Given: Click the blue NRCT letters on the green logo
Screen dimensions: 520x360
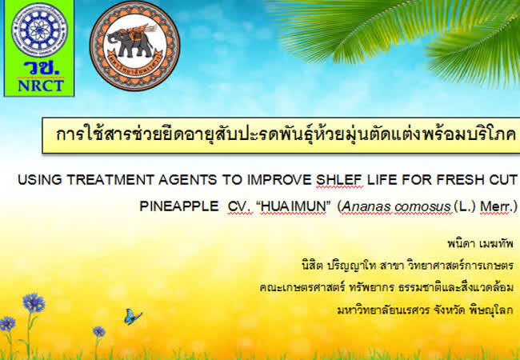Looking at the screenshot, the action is point(41,86).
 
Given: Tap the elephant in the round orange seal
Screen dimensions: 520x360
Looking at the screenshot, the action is point(130,42).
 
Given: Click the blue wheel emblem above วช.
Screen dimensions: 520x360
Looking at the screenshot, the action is point(39,30).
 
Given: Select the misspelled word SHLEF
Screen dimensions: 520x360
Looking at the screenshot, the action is point(339,180).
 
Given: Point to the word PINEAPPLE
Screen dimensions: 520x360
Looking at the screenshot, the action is point(179,206).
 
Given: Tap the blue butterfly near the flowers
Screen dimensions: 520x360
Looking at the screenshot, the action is point(133,316).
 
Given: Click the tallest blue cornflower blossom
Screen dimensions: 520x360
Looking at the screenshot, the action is point(34,302).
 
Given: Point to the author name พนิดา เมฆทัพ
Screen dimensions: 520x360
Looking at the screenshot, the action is point(480,244).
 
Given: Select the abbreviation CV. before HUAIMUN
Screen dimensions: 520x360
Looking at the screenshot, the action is point(240,206).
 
